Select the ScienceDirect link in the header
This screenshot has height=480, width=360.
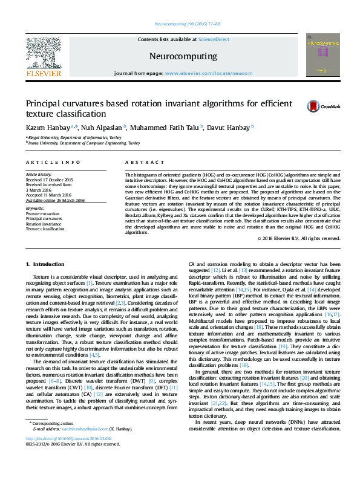[214, 39]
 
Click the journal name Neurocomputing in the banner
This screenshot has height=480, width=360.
[183, 56]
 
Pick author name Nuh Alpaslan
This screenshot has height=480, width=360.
[101, 128]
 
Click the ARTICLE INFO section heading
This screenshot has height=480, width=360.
[53, 163]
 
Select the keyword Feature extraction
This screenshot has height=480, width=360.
[42, 214]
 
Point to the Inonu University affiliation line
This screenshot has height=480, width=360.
[83, 143]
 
